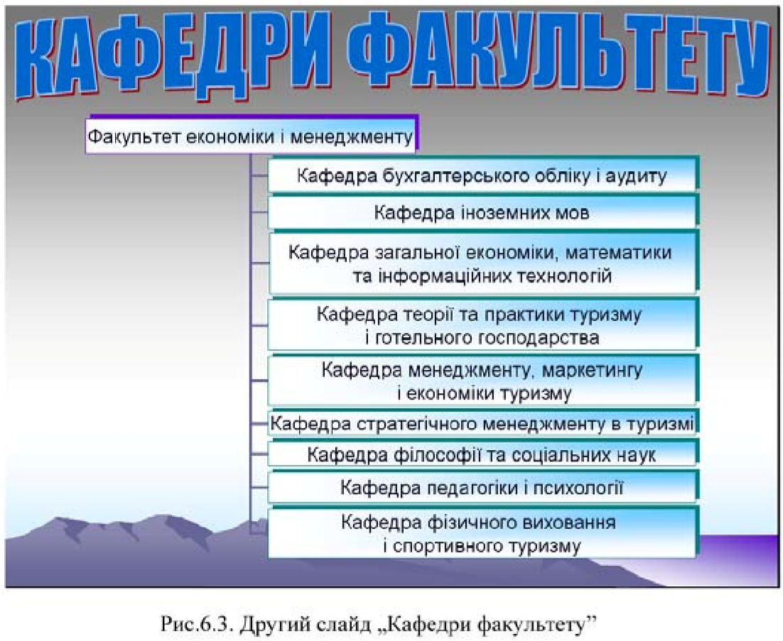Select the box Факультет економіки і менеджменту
(252, 136)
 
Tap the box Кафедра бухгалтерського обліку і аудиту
(483, 175)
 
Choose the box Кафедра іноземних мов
(483, 212)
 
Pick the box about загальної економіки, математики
(483, 263)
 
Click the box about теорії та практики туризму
(483, 325)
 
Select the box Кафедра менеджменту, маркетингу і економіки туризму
(483, 380)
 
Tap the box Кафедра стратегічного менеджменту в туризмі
(483, 424)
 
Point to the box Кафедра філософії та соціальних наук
(483, 454)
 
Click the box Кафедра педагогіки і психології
(483, 487)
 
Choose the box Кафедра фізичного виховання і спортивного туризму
(483, 534)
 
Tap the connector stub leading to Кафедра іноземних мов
(259, 213)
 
